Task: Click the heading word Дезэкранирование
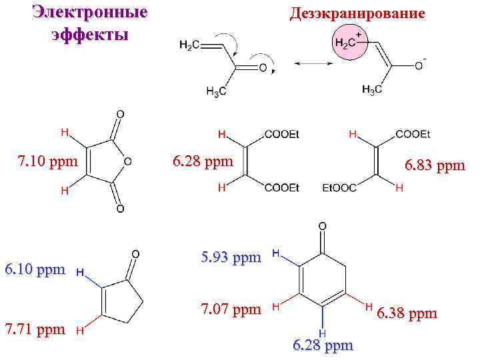coord(357,13)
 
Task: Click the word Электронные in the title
coord(91,13)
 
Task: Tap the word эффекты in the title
coord(90,35)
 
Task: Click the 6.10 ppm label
coord(35,269)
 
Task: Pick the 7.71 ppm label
coord(35,329)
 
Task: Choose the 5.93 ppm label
coord(231,257)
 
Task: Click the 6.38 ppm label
coord(407,313)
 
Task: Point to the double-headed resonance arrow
coord(313,63)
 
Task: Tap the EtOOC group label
coord(338,189)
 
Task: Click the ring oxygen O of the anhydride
coord(127,161)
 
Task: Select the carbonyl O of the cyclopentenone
coord(135,254)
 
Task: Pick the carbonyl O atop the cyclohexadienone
coord(323,227)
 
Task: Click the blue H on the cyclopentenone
coord(80,273)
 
